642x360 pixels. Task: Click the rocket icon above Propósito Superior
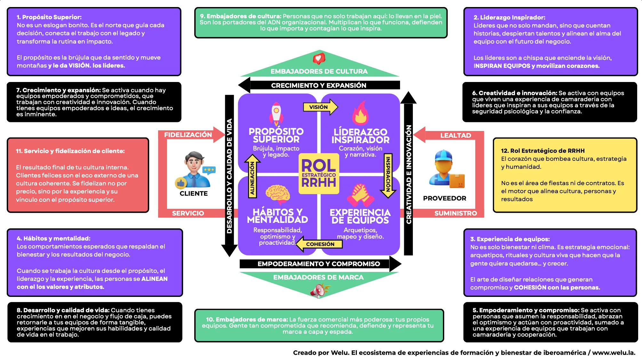click(x=276, y=114)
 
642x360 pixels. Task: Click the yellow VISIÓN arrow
click(x=320, y=107)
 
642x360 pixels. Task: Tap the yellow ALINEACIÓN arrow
click(x=252, y=176)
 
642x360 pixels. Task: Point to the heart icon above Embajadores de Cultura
click(x=319, y=59)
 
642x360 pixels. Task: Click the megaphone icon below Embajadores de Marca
click(x=318, y=290)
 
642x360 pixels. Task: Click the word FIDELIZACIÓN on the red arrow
click(x=188, y=135)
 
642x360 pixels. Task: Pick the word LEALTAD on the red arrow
click(x=455, y=135)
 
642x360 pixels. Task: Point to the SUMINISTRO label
click(x=455, y=213)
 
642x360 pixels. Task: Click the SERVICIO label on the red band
click(x=188, y=213)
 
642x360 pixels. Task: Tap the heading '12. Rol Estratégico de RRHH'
click(x=542, y=151)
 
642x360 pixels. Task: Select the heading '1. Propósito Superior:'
click(x=49, y=17)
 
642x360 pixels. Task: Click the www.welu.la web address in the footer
click(x=614, y=353)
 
